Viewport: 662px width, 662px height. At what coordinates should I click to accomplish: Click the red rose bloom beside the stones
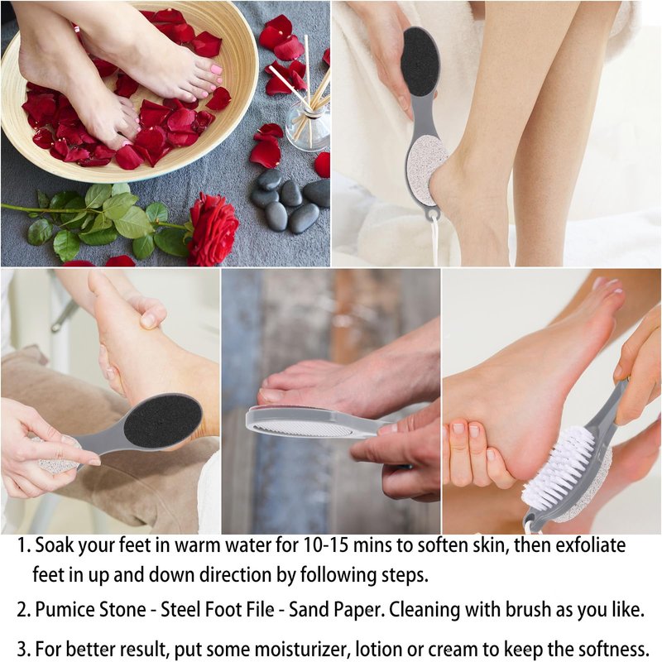[x=213, y=229]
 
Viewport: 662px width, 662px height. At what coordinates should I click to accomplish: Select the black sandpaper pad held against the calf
[x=420, y=56]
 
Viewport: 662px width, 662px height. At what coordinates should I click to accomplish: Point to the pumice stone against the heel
[x=427, y=165]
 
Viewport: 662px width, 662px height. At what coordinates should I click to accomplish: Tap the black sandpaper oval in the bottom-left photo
[x=162, y=422]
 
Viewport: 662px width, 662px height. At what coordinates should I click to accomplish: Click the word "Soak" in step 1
[x=56, y=545]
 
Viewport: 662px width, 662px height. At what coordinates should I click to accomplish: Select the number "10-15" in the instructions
[x=326, y=545]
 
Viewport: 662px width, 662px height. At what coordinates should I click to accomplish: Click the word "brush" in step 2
[x=530, y=609]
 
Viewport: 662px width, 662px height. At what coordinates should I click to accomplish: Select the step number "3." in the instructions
[x=24, y=649]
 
